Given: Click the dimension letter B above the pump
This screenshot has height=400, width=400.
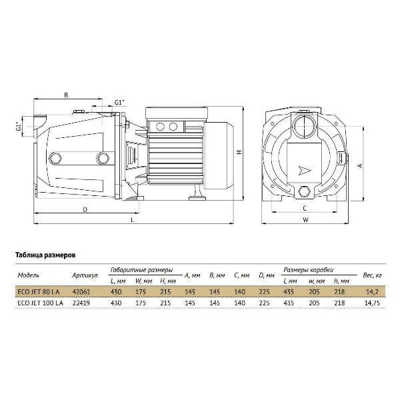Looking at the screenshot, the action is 66,95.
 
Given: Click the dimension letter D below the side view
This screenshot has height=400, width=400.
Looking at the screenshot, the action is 85,209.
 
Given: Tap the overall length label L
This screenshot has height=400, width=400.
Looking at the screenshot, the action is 133,220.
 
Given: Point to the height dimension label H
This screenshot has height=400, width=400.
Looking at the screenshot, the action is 239,152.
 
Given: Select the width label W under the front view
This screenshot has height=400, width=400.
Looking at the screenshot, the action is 305,220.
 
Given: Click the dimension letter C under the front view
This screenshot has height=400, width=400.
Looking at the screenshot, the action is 305,209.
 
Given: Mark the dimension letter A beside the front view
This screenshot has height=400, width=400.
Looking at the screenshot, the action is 360,165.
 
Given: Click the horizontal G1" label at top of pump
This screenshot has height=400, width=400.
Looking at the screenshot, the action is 119,102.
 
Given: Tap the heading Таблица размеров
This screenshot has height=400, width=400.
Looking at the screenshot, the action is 45,255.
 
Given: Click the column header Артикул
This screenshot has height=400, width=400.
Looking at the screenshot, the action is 85,275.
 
